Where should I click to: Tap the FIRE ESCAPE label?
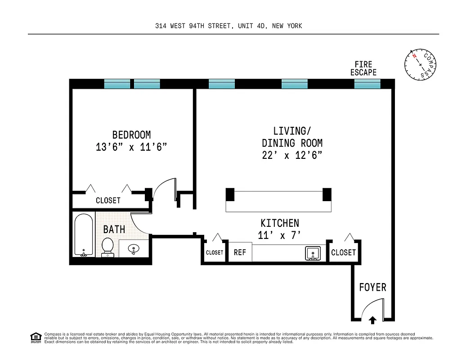[x=363, y=68]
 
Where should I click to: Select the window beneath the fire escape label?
[x=367, y=84]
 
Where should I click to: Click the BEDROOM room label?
[x=131, y=135]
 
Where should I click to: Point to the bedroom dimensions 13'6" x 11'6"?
[x=131, y=147]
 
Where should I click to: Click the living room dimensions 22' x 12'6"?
[x=292, y=156]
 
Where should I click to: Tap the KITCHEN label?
[x=279, y=223]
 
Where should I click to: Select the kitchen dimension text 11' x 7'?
[x=279, y=235]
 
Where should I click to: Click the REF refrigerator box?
[x=240, y=252]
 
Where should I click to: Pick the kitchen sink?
[x=313, y=253]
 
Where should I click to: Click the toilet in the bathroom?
[x=108, y=247]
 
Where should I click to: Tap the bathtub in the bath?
[x=83, y=235]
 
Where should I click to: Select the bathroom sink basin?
[x=134, y=248]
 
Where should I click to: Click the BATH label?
[x=114, y=229]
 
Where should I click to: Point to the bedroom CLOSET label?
[x=108, y=201]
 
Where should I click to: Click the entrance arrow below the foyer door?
[x=372, y=320]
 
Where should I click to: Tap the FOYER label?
[x=372, y=287]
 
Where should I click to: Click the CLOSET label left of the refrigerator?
[x=214, y=253]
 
